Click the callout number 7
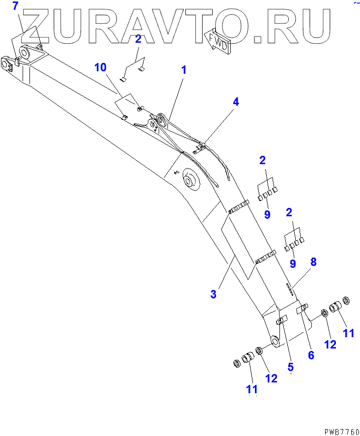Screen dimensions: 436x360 [15, 7]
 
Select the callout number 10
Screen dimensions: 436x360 [100, 67]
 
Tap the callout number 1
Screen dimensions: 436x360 [184, 70]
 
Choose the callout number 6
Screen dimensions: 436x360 [310, 354]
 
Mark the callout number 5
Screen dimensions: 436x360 [290, 366]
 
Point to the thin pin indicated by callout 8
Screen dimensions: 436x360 [290, 288]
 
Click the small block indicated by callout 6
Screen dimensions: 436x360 [302, 308]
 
